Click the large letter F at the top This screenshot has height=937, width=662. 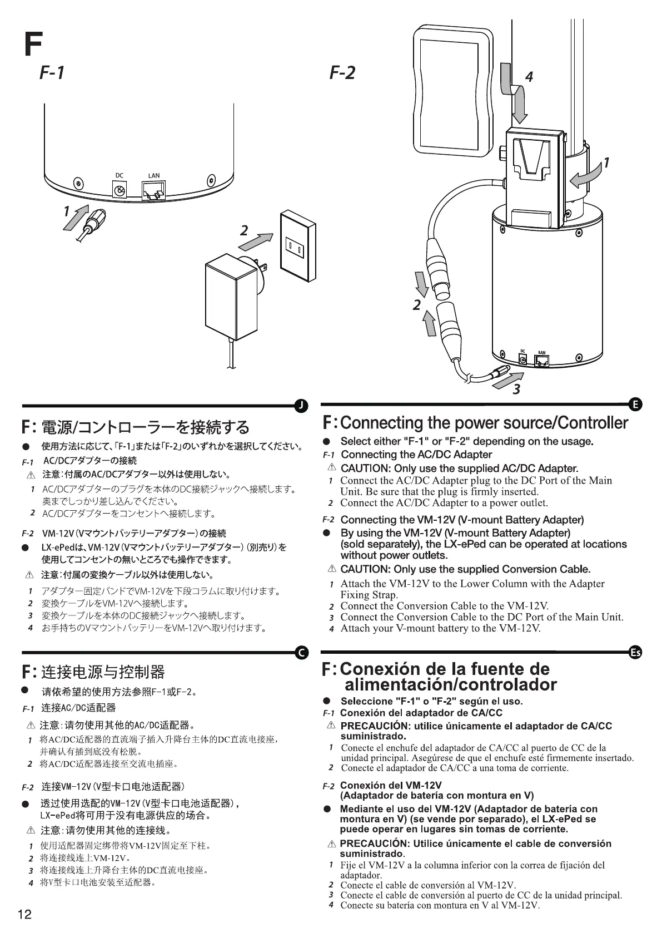[32, 44]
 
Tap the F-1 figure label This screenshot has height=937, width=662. [52, 72]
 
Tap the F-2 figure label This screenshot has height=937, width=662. [342, 72]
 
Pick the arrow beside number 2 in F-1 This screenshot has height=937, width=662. [258, 241]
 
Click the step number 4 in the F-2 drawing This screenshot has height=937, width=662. [529, 77]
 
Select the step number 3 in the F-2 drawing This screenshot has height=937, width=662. [516, 389]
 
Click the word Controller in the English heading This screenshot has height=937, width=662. [593, 423]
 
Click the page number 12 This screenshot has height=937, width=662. [25, 915]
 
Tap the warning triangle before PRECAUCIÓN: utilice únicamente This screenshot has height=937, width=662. [331, 726]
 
